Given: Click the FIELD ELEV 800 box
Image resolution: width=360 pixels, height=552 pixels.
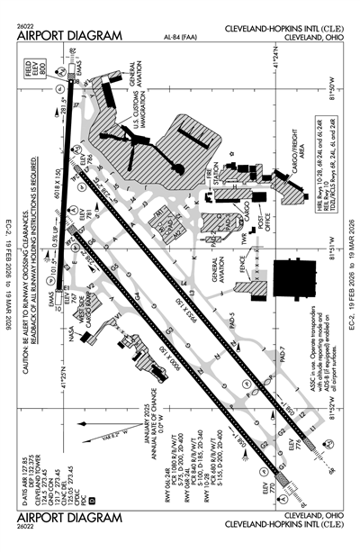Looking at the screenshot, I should click(x=28, y=77).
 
